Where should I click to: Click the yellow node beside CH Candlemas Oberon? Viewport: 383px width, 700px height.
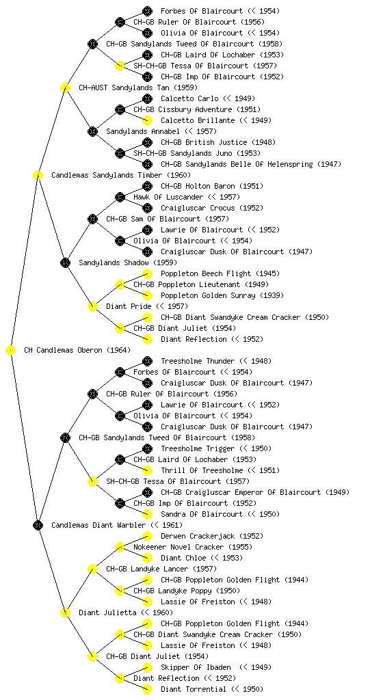click(11, 351)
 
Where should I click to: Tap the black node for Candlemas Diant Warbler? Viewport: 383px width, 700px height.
click(38, 526)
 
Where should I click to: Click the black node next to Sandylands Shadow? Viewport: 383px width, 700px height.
click(65, 263)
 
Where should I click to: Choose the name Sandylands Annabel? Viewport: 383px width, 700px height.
click(143, 132)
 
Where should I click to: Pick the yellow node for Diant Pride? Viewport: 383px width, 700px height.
click(92, 307)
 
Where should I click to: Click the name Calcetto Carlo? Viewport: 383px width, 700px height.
click(189, 98)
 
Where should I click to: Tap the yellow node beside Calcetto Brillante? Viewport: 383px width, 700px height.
click(147, 120)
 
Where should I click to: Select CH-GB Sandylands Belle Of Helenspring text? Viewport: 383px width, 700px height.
click(237, 164)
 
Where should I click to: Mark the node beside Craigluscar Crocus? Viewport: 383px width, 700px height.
click(147, 208)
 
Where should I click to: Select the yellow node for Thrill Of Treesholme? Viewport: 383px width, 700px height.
click(147, 470)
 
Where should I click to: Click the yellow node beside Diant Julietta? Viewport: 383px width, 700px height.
click(65, 613)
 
